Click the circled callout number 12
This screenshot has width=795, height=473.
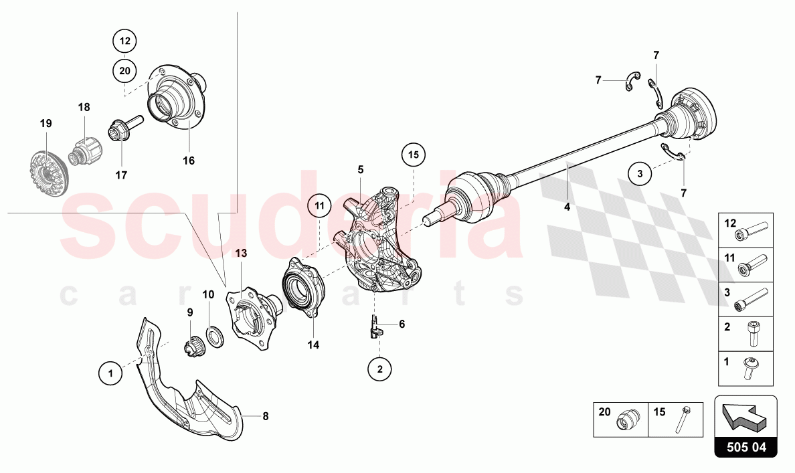coord(124,41)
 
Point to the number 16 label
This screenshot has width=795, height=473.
coord(188,161)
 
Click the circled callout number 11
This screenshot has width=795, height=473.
coord(320,205)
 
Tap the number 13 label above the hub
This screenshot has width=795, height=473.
coord(240,253)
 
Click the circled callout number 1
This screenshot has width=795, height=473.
coord(110,373)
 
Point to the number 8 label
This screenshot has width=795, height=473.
coord(265,416)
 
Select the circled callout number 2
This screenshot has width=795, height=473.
coord(379,368)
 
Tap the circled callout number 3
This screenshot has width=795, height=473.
coord(640,174)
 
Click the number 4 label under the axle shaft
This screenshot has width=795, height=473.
coord(567,207)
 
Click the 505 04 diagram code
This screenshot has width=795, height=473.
coord(745,447)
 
